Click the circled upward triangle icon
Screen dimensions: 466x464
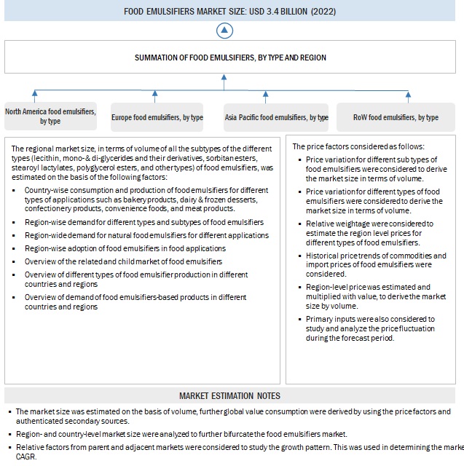[x=226, y=30]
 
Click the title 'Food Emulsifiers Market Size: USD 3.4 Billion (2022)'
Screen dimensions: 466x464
[x=231, y=11]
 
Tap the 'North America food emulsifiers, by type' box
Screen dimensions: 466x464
[x=50, y=116]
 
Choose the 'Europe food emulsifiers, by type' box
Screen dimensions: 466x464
[x=157, y=117]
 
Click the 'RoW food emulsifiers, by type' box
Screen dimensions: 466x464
[x=396, y=117]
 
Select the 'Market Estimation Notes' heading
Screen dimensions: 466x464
[x=229, y=395]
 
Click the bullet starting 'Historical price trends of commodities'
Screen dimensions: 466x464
[x=376, y=265]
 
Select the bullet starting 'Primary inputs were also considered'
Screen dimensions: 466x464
[x=371, y=328]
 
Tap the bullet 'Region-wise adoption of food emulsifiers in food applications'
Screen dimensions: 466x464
[x=125, y=248]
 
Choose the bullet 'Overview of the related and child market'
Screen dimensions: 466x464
[x=123, y=261]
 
